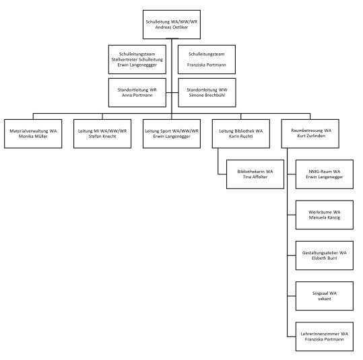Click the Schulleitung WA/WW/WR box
(172, 24)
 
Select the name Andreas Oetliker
(172, 28)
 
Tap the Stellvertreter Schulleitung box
(137, 59)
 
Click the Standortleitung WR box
(137, 93)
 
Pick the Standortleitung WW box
(207, 93)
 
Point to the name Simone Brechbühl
(207, 96)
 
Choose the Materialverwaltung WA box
(33, 134)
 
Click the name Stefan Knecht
(102, 137)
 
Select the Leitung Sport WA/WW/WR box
(172, 134)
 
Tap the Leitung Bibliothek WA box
(241, 134)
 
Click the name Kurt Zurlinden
(311, 136)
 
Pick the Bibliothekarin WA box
(255, 174)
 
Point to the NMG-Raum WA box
(325, 174)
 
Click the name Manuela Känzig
(325, 217)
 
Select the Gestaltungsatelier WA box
(325, 256)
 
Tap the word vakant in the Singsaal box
(325, 299)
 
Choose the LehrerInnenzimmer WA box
(325, 336)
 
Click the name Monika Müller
(33, 137)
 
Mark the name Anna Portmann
(137, 96)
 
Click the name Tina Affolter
(255, 177)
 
